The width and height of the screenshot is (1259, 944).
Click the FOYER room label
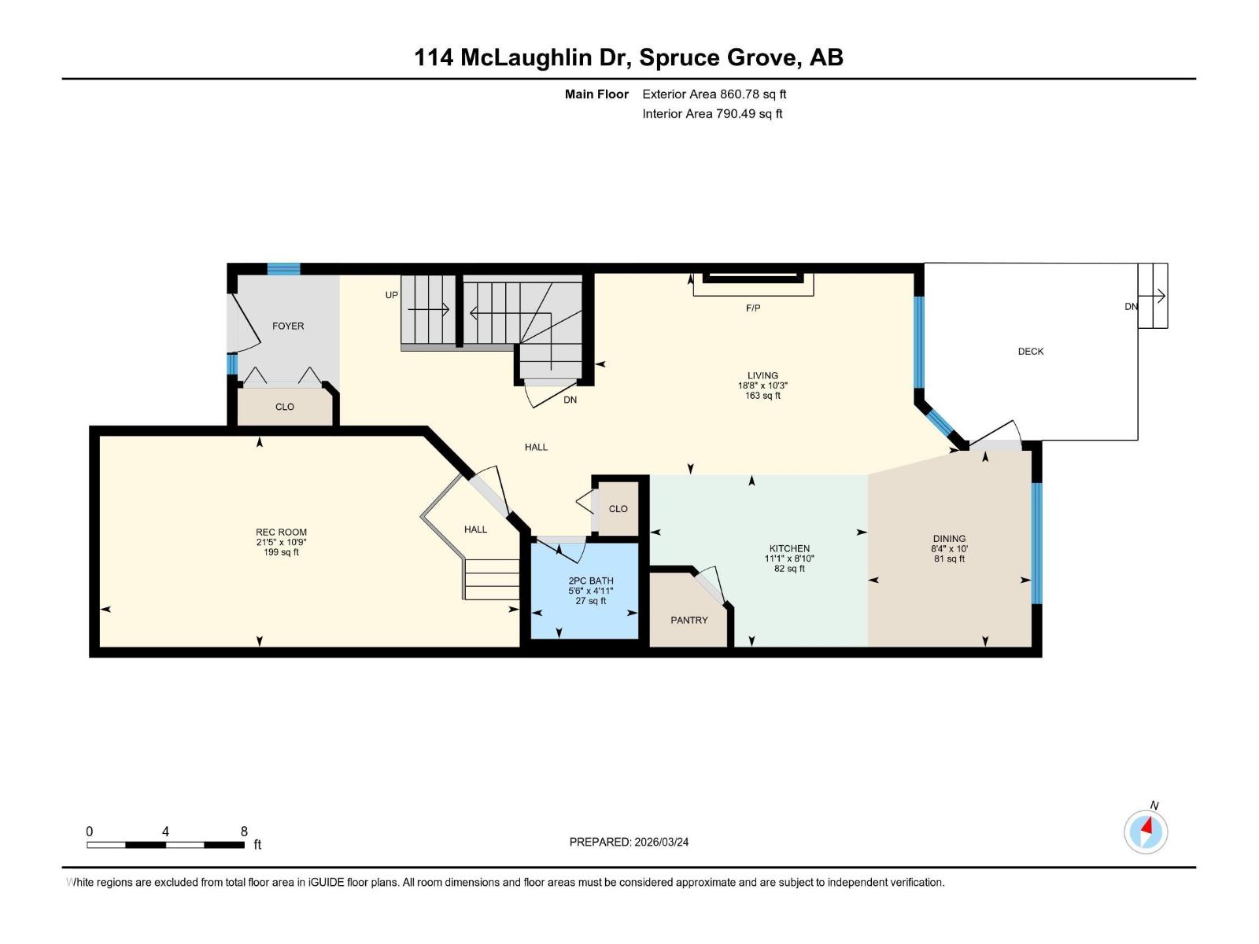coord(288,326)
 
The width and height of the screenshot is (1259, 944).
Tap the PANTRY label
coord(689,620)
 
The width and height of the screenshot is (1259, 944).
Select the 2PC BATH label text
coord(591,581)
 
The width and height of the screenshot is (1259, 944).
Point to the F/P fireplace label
coord(753,308)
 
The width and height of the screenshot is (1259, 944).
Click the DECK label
coord(1031,352)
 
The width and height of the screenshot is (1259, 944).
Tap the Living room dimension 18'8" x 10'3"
coord(762,385)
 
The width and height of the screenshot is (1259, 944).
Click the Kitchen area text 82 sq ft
coord(789,569)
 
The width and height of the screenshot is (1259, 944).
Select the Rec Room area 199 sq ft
coord(281,552)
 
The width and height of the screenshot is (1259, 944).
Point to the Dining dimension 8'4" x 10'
coord(949,549)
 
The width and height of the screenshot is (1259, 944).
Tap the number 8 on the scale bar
coord(244,832)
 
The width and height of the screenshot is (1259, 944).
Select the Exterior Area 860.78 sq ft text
coord(714,94)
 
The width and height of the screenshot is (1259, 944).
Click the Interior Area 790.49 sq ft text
coord(712,114)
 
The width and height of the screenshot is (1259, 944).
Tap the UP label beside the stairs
coord(392,295)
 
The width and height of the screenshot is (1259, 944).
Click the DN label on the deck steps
coord(1131,307)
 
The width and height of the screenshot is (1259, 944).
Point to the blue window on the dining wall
coord(1037,543)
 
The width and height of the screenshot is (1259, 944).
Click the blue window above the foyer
coord(283,269)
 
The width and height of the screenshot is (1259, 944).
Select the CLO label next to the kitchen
coord(618,509)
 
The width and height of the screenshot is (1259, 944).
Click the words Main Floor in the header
coord(596,94)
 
